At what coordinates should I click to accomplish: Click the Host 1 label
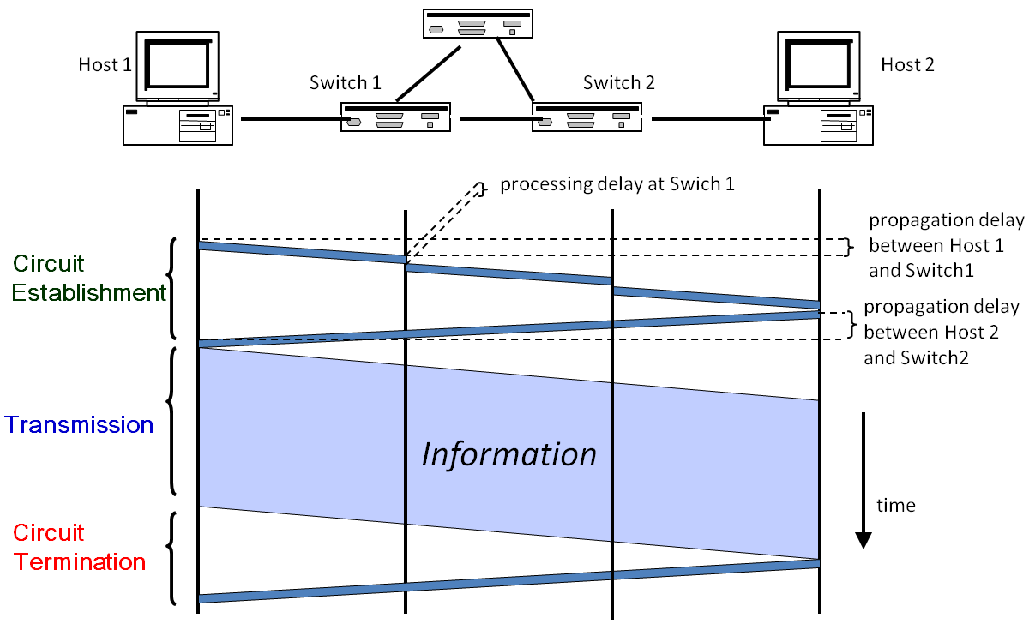pyautogui.click(x=105, y=65)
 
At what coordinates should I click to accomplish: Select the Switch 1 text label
pyautogui.click(x=345, y=83)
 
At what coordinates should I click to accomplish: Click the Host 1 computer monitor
pyautogui.click(x=178, y=65)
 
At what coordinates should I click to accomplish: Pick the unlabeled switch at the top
pyautogui.click(x=478, y=24)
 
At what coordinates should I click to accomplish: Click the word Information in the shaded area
pyautogui.click(x=508, y=454)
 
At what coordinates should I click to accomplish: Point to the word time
pyautogui.click(x=895, y=506)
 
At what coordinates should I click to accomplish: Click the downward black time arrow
pyautogui.click(x=864, y=480)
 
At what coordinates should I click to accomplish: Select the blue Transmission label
pyautogui.click(x=79, y=425)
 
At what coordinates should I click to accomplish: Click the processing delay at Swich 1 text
pyautogui.click(x=617, y=184)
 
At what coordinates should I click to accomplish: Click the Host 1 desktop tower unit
pyautogui.click(x=178, y=125)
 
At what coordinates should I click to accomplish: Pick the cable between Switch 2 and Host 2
pyautogui.click(x=707, y=120)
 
